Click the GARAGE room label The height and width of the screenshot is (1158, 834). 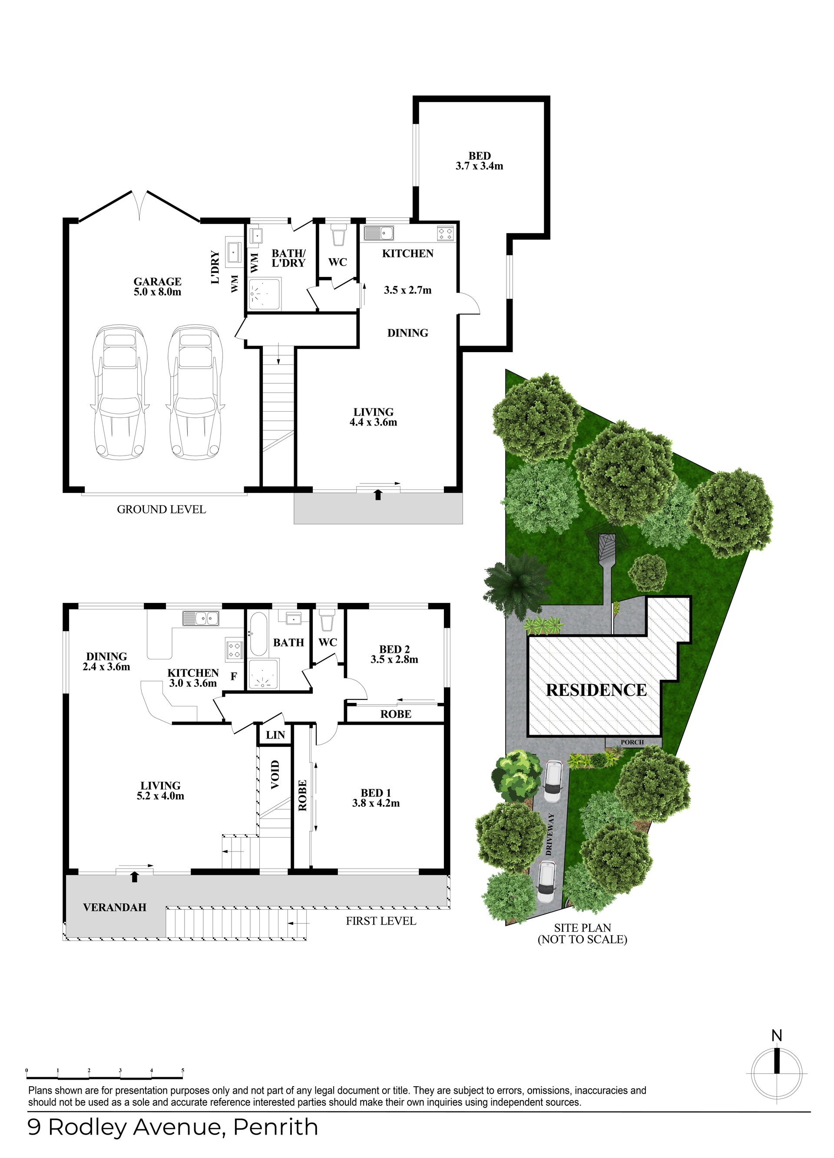tap(158, 281)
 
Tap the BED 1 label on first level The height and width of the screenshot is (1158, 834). tap(375, 793)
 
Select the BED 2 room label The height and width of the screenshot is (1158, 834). tap(394, 649)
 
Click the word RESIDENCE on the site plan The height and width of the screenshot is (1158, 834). tap(596, 690)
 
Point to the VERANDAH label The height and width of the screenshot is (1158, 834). tap(115, 907)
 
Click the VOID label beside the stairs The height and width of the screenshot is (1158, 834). tap(275, 775)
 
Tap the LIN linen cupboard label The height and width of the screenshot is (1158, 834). tap(275, 735)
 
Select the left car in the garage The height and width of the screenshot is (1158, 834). tap(120, 392)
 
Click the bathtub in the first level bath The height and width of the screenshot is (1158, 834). tap(258, 635)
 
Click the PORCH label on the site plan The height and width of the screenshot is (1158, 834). tap(632, 742)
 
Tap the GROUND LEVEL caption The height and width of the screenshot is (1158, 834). tap(161, 509)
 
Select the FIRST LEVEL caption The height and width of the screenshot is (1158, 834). tap(381, 921)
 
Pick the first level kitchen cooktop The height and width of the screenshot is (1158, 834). tap(235, 649)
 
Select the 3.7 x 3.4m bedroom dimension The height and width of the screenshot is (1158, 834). tap(480, 166)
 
